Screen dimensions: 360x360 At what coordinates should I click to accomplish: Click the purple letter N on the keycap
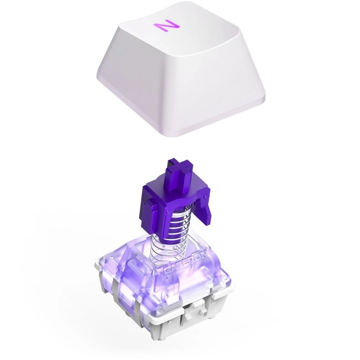166,27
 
